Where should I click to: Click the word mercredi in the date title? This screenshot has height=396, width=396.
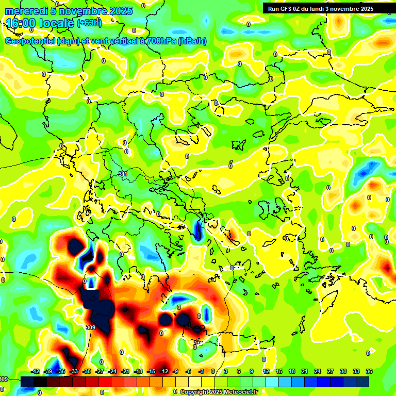tap(24, 11)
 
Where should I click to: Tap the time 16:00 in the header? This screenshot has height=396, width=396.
tap(22, 23)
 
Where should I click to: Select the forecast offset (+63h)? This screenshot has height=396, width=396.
tap(89, 23)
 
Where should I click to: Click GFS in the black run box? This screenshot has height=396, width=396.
tap(287, 9)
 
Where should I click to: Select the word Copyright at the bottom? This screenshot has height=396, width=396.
tap(195, 392)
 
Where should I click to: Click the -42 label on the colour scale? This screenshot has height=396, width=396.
tap(35, 371)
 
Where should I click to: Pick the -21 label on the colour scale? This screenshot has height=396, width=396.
tap(125, 371)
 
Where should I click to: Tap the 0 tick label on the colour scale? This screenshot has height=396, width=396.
tap(213, 371)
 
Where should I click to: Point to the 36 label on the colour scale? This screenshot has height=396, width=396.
tap(369, 371)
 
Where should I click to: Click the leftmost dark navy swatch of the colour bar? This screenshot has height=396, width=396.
tap(27, 382)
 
